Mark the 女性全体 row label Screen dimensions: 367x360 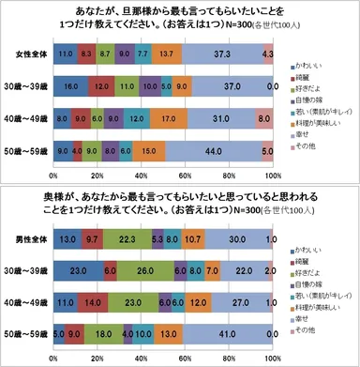pos(32,55)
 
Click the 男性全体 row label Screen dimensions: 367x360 pos(32,240)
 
